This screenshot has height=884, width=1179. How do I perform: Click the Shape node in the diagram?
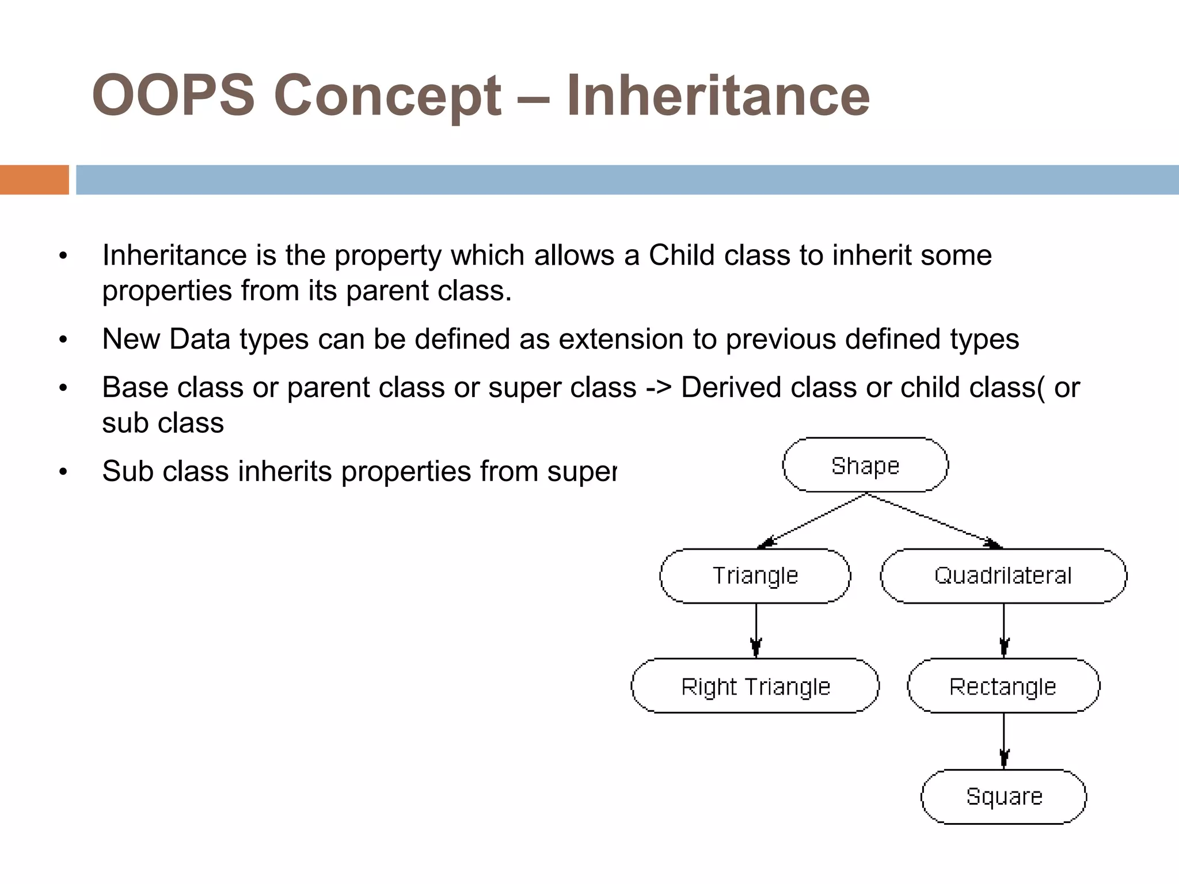point(865,465)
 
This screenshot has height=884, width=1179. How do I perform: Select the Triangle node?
point(755,576)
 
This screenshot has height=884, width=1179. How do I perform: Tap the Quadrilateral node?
point(1003,576)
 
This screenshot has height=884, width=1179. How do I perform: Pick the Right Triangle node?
point(755,686)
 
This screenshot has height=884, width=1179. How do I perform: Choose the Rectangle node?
point(1003,686)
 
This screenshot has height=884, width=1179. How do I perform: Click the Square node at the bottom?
point(1003,797)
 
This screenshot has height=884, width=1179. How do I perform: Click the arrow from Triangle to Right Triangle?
point(756,630)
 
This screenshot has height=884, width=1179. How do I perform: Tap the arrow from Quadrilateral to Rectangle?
point(1003,630)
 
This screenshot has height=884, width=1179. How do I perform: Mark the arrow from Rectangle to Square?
point(1003,741)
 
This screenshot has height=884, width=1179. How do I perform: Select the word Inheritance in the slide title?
point(717,95)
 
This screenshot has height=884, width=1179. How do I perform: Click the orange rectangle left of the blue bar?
point(34,180)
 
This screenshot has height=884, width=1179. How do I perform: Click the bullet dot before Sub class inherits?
point(63,472)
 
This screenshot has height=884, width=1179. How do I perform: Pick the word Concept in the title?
point(387,95)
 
